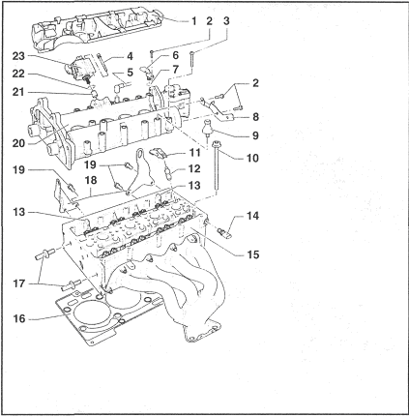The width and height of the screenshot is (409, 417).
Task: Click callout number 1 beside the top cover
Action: (193, 21)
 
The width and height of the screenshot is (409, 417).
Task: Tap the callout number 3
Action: (226, 21)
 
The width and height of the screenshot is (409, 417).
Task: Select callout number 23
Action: (18, 56)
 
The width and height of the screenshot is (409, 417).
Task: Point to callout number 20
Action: (18, 143)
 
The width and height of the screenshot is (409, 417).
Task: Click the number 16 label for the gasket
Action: (18, 318)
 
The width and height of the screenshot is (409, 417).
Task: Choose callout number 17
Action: (18, 283)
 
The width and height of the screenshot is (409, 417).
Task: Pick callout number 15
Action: (252, 254)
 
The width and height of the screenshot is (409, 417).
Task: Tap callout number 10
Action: (252, 158)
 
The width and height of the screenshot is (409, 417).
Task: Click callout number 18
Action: (91, 180)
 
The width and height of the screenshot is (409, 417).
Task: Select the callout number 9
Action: (255, 135)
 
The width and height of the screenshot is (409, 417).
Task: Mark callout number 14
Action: (252, 216)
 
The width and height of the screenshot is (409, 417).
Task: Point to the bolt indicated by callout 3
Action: (191, 63)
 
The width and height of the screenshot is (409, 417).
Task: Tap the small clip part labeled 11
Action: (160, 152)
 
